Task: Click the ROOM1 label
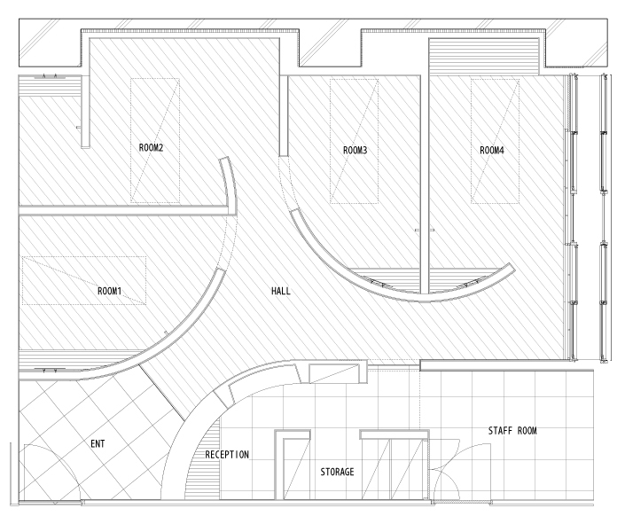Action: pyautogui.click(x=109, y=291)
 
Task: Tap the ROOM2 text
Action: pyautogui.click(x=151, y=148)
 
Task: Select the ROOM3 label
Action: pyautogui.click(x=355, y=151)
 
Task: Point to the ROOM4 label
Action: pyautogui.click(x=492, y=151)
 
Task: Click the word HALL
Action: pyautogui.click(x=281, y=291)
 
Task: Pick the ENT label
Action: pyautogui.click(x=98, y=444)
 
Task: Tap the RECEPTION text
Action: pyautogui.click(x=227, y=455)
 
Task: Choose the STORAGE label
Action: pyautogui.click(x=337, y=473)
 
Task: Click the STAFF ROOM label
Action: pyautogui.click(x=512, y=431)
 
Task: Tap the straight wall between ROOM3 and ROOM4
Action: pyautogui.click(x=425, y=184)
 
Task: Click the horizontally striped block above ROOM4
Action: pyautogui.click(x=484, y=56)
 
